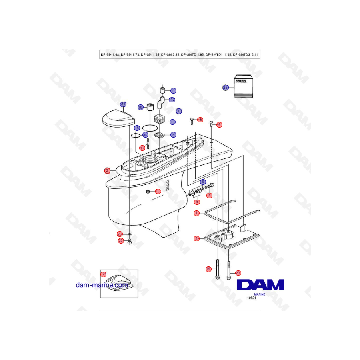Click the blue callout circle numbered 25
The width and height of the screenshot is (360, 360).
tap(226, 88)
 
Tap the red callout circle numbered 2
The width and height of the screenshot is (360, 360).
tap(107, 170)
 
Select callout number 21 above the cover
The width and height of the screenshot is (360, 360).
tap(123, 104)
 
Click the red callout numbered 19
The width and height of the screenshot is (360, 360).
tap(208, 269)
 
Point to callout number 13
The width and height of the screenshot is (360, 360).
tap(173, 122)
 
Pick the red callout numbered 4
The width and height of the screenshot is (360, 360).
tap(196, 213)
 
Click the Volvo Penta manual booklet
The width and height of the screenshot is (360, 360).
tap(243, 86)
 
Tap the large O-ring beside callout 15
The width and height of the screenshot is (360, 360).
tap(150, 128)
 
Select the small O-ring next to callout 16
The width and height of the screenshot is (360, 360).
tap(136, 136)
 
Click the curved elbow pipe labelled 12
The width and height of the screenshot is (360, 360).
tap(160, 103)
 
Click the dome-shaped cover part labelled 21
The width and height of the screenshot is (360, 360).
tap(119, 118)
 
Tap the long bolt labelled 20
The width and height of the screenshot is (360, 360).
tap(229, 270)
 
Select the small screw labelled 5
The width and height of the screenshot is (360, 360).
tap(192, 121)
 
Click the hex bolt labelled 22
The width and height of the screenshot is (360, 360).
tap(130, 242)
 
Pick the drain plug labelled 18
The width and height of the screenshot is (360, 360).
tap(148, 192)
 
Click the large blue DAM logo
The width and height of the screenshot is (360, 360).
tap(260, 285)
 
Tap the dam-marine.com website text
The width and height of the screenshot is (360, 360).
tap(102, 285)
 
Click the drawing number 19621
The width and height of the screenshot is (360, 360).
tap(252, 298)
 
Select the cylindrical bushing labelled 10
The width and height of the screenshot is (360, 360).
tap(150, 107)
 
